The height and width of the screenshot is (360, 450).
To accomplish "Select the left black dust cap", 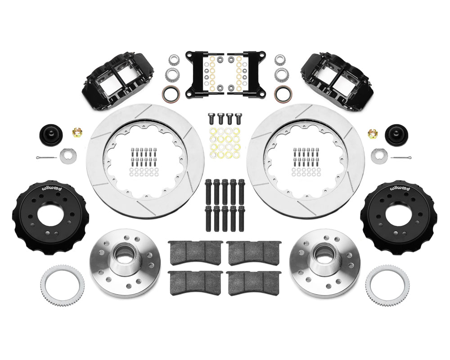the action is [51, 134].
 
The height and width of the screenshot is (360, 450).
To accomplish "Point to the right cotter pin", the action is [402, 157].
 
